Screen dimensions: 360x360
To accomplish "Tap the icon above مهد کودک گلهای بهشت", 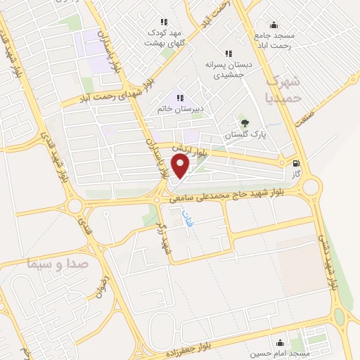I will coord(164,22).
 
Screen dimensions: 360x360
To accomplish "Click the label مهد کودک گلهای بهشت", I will coord(163,37).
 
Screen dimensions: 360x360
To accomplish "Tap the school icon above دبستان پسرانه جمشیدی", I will coord(228,53).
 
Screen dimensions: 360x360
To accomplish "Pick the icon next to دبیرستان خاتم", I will coord(180,98).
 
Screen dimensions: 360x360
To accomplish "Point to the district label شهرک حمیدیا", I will coord(284,89).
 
